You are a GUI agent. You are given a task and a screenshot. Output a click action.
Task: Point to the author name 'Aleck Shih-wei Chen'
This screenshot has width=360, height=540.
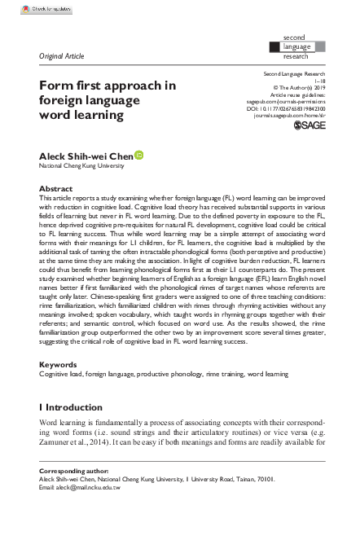click(x=86, y=155)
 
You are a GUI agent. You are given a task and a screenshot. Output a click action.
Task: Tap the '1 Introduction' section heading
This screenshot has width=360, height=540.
click(x=72, y=406)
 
